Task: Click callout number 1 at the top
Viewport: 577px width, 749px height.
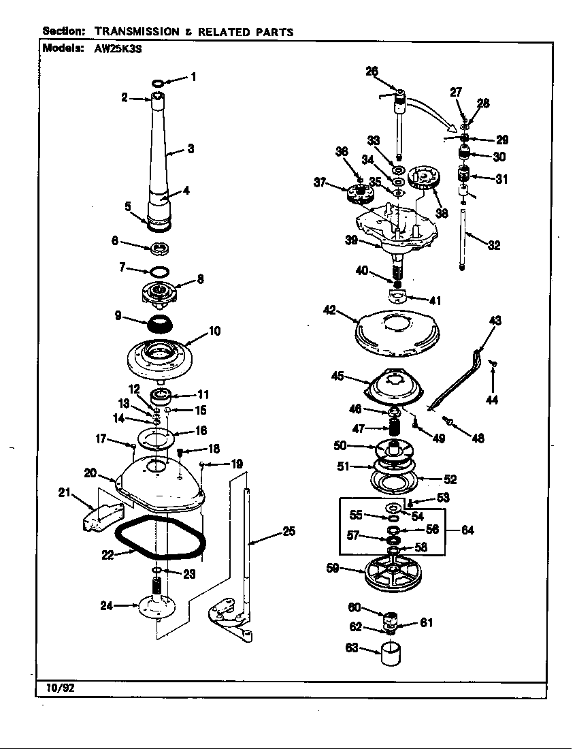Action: (x=193, y=77)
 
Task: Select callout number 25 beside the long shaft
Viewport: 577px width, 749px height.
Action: (x=289, y=532)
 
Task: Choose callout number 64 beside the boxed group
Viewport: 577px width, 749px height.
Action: (x=467, y=530)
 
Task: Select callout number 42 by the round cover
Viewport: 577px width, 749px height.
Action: (x=330, y=310)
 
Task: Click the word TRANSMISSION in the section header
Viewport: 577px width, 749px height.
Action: (x=137, y=31)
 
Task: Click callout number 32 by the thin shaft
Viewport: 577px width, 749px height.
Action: (x=494, y=245)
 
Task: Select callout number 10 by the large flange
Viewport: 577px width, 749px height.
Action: (x=214, y=332)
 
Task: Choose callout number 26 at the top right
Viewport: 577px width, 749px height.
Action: (x=372, y=70)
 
